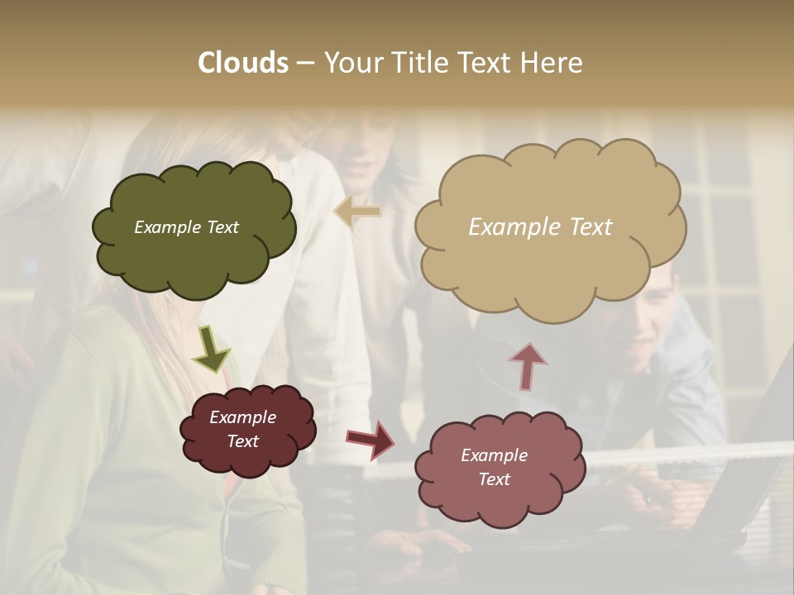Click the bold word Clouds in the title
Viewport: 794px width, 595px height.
click(x=243, y=63)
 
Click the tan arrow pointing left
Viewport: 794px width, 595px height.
click(x=357, y=212)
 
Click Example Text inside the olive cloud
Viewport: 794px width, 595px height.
click(x=186, y=227)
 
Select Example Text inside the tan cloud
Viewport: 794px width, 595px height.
click(x=540, y=227)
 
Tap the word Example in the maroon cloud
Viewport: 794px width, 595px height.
click(x=242, y=417)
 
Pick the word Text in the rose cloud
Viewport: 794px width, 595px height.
click(x=494, y=479)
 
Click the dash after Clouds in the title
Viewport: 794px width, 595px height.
click(x=305, y=63)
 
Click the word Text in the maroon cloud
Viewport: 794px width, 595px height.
click(x=242, y=441)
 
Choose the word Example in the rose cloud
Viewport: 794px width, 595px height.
click(x=494, y=455)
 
